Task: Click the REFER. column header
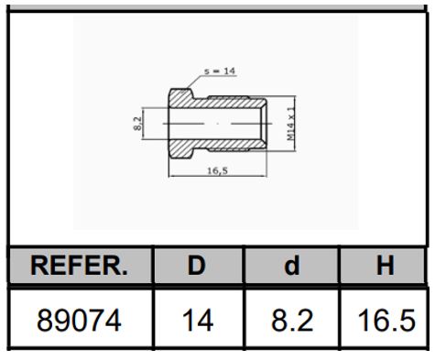pyautogui.click(x=79, y=266)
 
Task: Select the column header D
pyautogui.click(x=196, y=265)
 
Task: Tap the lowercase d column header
pyautogui.click(x=292, y=266)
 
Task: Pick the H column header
pyautogui.click(x=386, y=265)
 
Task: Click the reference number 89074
pyautogui.click(x=79, y=321)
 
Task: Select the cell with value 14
pyautogui.click(x=198, y=321)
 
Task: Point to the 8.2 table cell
pyautogui.click(x=292, y=321)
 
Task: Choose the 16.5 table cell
pyautogui.click(x=386, y=321)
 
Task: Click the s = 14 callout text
pyautogui.click(x=220, y=71)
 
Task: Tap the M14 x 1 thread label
pyautogui.click(x=291, y=124)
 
